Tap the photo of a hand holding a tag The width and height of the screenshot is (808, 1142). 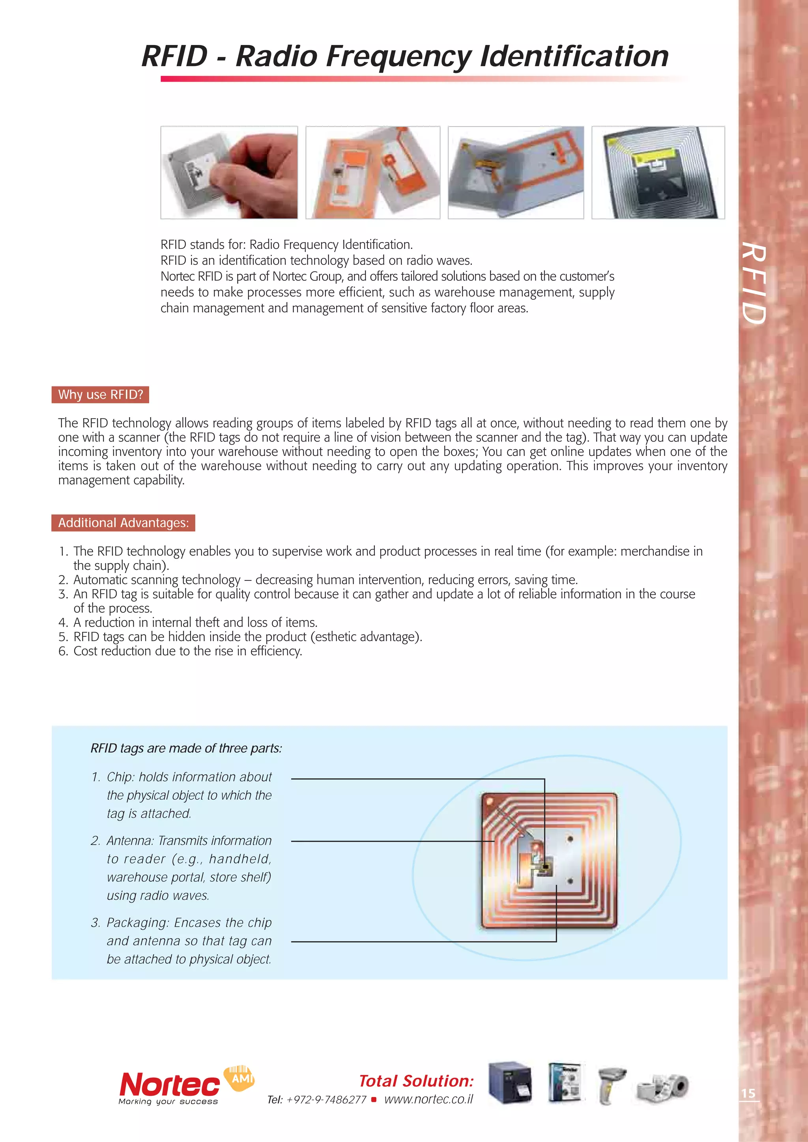[x=229, y=173]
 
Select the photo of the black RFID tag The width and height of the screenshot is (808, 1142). [x=658, y=173]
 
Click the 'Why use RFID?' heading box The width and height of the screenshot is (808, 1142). [x=100, y=394]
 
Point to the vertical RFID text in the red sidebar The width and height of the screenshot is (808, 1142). [x=753, y=284]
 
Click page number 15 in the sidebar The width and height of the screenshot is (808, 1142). [x=748, y=1093]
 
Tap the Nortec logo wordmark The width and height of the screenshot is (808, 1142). [x=169, y=1085]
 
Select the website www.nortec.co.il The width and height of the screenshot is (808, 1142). [x=428, y=1099]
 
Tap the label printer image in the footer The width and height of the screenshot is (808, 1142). [x=510, y=1083]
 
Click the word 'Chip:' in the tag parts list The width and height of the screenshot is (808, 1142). [x=121, y=777]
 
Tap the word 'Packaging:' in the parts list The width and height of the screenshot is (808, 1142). [x=138, y=923]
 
